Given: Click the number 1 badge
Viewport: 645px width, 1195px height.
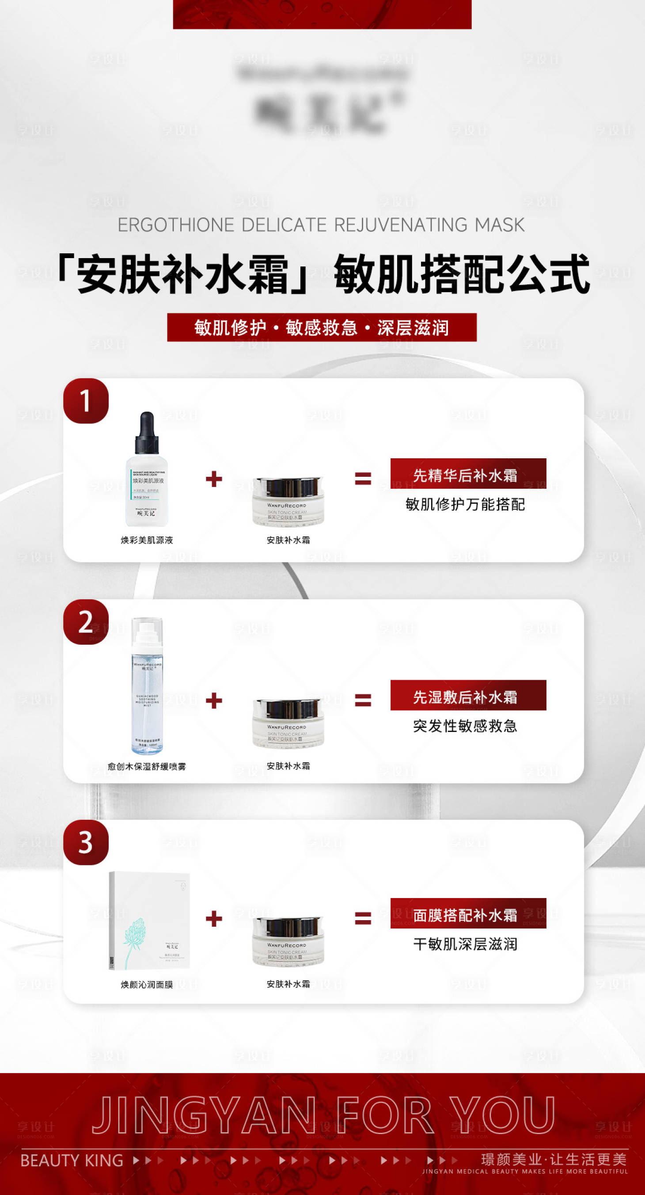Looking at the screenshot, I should click(86, 401).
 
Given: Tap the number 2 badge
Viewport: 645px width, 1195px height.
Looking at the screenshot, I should click(86, 622).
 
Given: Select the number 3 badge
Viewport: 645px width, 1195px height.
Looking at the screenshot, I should click(86, 842).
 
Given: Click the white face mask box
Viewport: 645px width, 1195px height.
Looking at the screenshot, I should click(149, 921).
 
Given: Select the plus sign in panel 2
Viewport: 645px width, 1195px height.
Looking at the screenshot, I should click(214, 700).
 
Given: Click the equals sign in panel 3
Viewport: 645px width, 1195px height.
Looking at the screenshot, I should click(363, 918).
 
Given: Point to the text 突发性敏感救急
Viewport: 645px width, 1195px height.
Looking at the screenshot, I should click(465, 726).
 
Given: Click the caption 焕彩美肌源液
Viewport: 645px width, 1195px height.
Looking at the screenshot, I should click(147, 540).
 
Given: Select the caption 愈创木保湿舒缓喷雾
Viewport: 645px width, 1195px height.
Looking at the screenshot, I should click(147, 766).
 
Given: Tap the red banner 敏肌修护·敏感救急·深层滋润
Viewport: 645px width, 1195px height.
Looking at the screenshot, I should click(321, 327).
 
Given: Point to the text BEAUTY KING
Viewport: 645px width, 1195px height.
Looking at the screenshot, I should click(72, 1160).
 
